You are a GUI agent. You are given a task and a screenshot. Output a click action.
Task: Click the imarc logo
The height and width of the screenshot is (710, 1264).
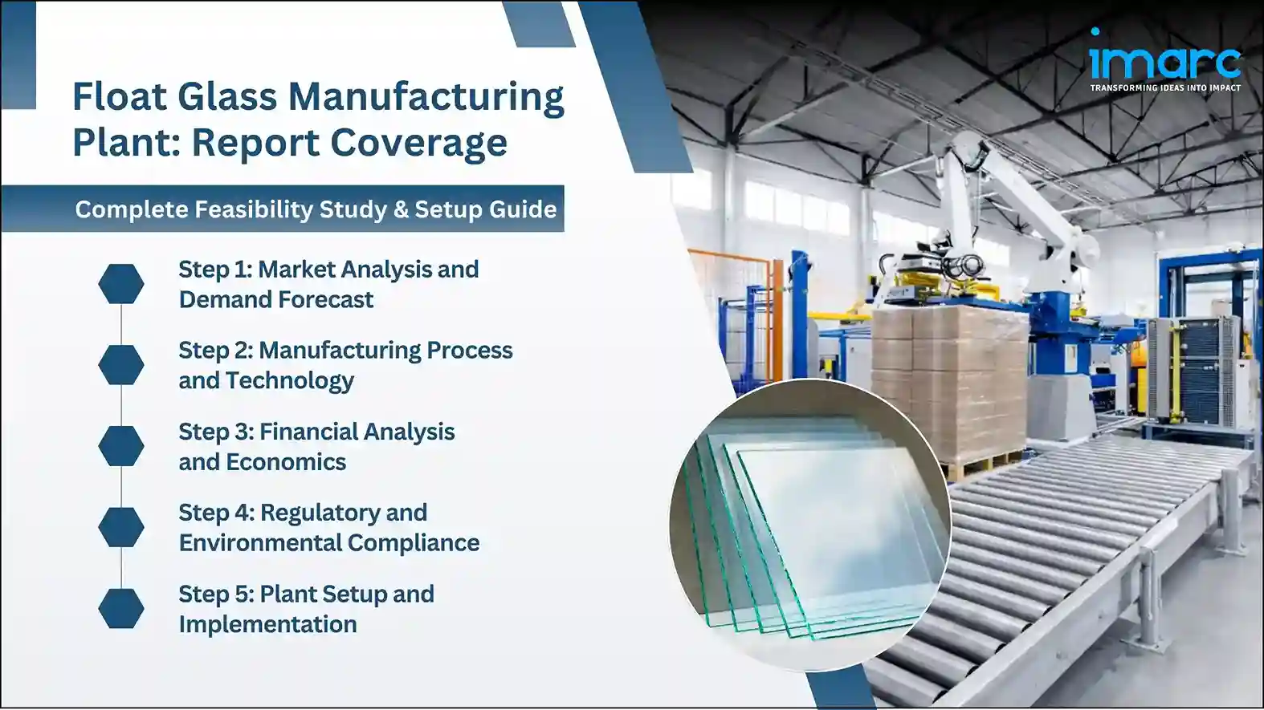[1164, 58]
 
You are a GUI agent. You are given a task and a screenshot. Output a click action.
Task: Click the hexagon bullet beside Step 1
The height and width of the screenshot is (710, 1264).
[121, 284]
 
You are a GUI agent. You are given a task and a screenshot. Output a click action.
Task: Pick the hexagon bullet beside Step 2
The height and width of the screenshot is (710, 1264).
[121, 365]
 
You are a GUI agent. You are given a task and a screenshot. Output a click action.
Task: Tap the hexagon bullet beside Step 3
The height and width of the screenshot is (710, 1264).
[121, 446]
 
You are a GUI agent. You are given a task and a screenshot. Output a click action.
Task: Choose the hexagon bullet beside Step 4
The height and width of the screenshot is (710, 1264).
[121, 527]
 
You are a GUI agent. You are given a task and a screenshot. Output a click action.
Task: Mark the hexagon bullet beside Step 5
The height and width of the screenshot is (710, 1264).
[121, 608]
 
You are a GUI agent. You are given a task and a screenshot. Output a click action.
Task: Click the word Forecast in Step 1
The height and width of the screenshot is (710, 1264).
[325, 300]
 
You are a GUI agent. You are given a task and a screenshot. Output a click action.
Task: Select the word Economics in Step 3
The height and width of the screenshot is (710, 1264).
[286, 462]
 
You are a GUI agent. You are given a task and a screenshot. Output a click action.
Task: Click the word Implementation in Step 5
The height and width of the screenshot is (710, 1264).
[267, 624]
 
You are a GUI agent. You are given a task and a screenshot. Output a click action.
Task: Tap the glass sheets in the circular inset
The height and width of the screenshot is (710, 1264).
[819, 529]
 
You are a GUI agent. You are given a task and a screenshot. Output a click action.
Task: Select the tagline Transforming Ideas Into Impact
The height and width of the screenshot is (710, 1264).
[1164, 88]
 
